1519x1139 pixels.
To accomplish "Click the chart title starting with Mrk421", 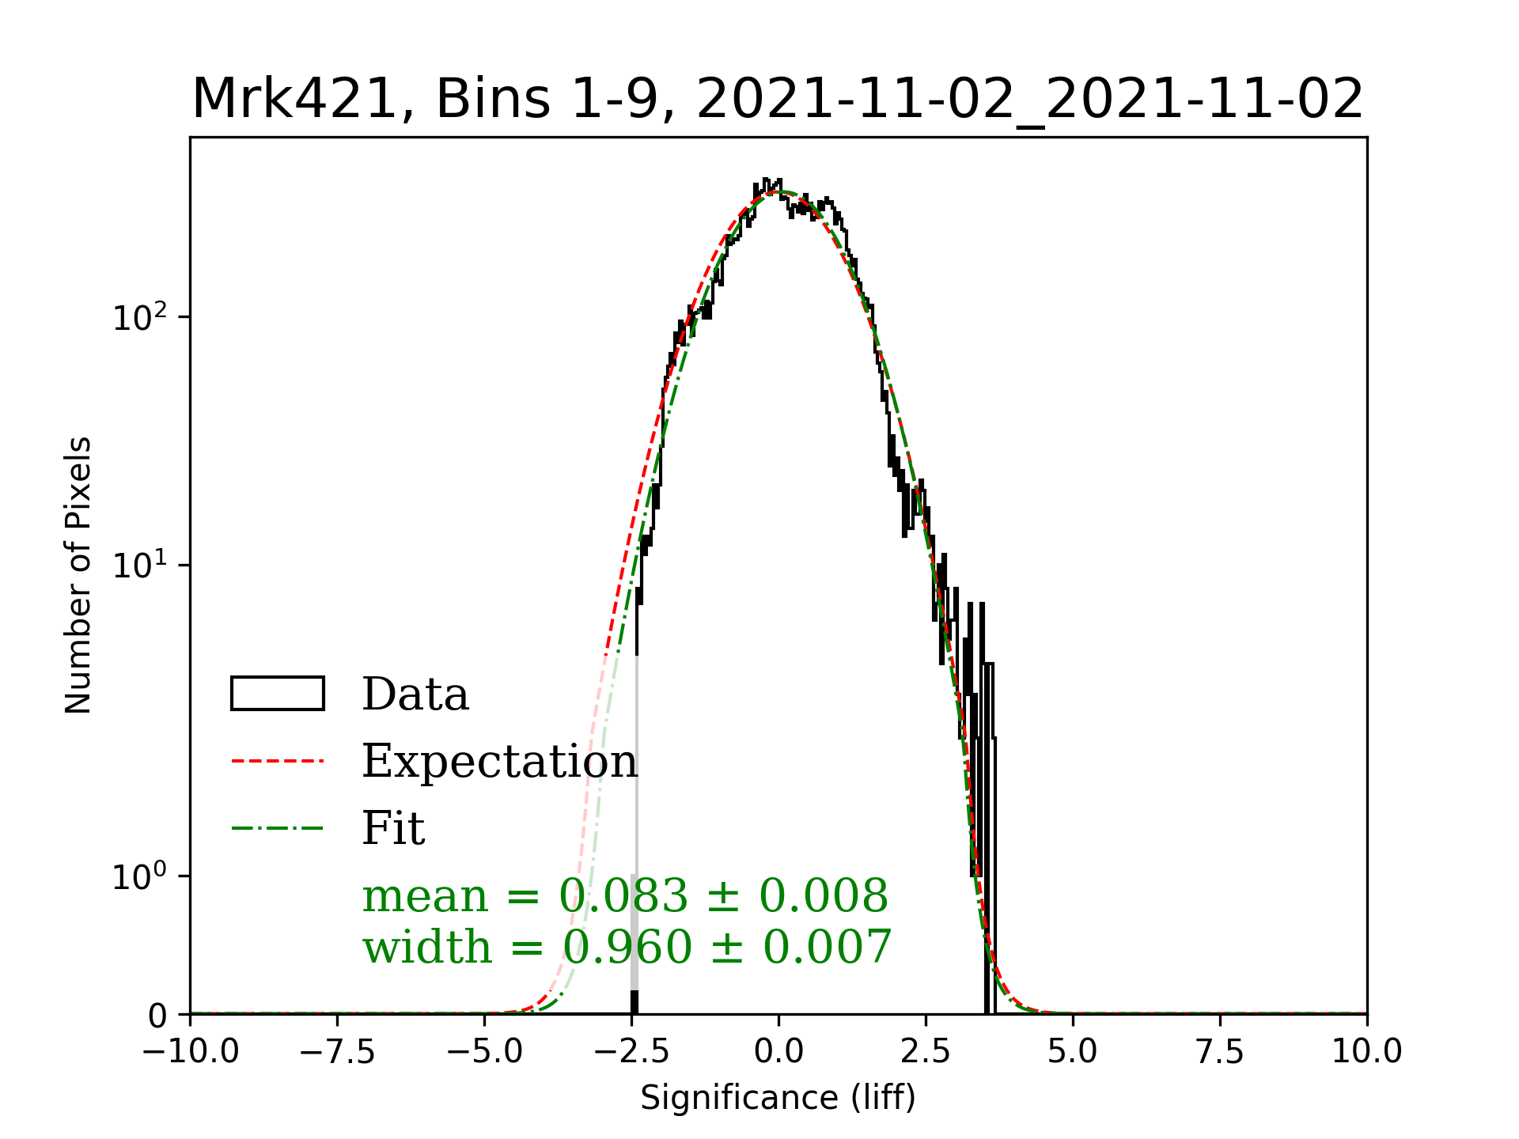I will coord(778,100).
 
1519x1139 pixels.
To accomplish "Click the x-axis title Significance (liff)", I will coord(778,1098).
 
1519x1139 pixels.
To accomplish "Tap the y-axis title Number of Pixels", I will coord(78,575).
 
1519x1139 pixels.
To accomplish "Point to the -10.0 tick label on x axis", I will coord(191,1052).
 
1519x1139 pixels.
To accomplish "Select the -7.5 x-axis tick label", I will coord(337,1052).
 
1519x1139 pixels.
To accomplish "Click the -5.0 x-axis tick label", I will coord(484,1052).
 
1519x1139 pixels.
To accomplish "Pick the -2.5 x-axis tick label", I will coord(631,1052).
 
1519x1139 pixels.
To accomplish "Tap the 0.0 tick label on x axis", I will coord(778,1052).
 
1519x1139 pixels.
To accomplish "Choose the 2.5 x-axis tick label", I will coord(926,1052).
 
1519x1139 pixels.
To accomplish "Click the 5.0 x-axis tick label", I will coord(1073,1052).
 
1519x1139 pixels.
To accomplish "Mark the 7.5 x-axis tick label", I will coord(1220,1052).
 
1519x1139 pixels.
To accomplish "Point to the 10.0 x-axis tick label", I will coord(1366,1052).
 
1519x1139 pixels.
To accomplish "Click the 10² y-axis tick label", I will coord(140,318).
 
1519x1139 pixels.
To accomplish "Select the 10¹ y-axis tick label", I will coord(140,566).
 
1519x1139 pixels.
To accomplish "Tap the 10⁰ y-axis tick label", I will coord(140,876).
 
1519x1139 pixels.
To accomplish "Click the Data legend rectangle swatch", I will coord(278,694).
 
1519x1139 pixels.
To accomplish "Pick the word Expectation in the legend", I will coord(499,761).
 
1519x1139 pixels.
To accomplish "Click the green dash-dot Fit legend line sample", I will coord(278,828).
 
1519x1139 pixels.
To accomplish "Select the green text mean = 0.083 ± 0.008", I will coord(625,896).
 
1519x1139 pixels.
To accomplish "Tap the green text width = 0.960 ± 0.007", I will coord(627,947).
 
